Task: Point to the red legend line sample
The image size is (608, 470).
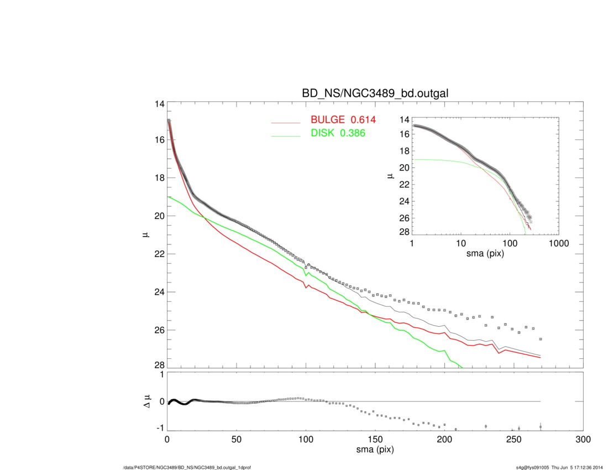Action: (285, 122)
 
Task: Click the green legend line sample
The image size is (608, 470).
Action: (285, 135)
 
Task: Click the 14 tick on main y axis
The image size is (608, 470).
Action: (160, 104)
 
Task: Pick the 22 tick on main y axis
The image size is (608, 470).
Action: (160, 254)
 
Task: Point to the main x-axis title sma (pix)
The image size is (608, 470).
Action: (375, 450)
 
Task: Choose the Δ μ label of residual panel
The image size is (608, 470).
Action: (147, 402)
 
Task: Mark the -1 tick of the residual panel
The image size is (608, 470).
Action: (160, 428)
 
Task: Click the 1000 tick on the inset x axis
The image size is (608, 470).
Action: (558, 243)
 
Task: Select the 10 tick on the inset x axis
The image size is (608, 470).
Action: (460, 243)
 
